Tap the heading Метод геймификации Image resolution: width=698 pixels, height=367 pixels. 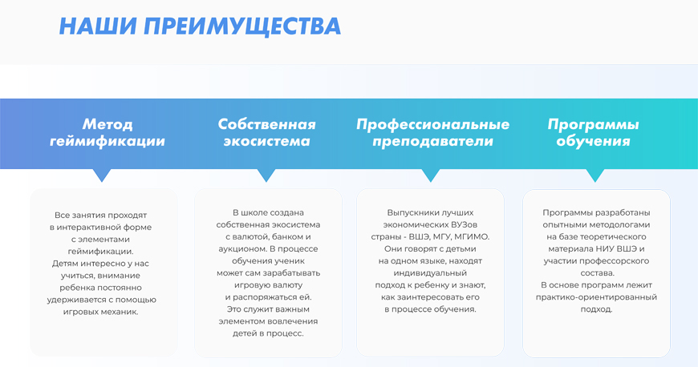[108, 132]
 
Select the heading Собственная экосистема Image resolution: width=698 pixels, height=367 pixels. [266, 132]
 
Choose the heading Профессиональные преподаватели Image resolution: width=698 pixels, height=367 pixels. [432, 132]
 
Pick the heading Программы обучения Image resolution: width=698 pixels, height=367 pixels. [593, 132]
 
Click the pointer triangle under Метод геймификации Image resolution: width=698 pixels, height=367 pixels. [102, 175]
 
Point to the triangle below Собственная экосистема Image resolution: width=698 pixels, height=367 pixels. [266, 175]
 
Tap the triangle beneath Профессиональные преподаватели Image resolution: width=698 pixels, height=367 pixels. [431, 175]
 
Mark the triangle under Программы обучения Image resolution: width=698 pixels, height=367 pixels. [595, 175]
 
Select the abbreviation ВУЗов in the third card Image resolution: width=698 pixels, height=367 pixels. [463, 224]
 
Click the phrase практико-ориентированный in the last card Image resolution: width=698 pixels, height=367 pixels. [596, 297]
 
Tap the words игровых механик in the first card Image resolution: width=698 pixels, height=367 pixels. [100, 312]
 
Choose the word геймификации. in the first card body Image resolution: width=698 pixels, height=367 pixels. [100, 252]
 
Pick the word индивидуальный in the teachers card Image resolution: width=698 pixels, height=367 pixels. [430, 273]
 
